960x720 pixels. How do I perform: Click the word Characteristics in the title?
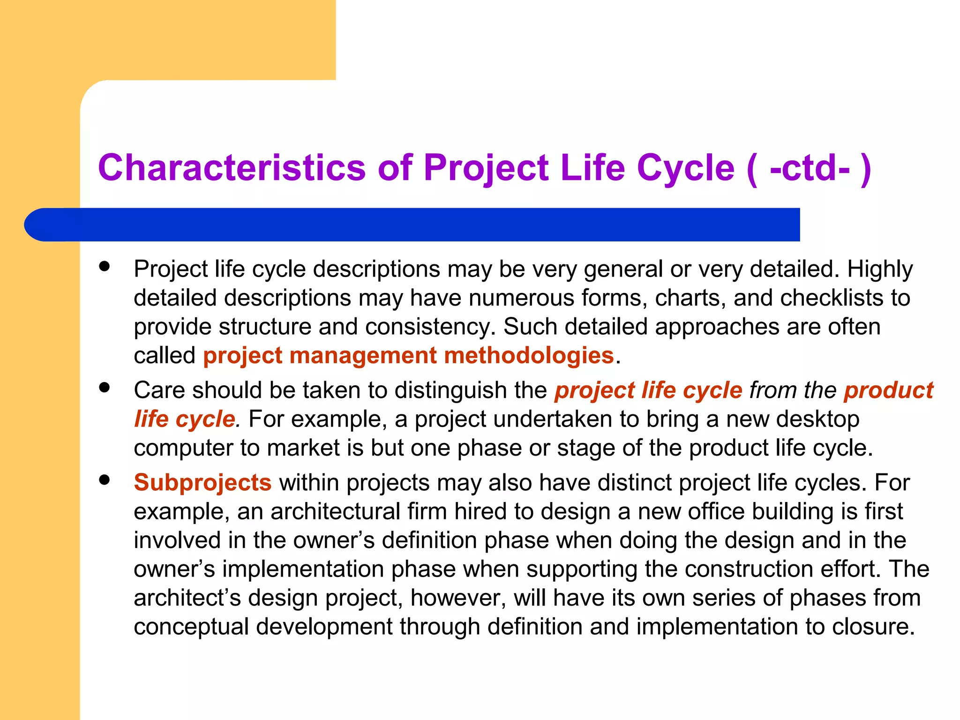[x=232, y=167]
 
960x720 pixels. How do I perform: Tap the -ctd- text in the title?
[x=810, y=168]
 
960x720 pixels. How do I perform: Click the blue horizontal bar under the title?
[x=412, y=225]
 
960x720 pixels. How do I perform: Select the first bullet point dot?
[x=105, y=266]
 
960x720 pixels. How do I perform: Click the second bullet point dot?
[x=105, y=387]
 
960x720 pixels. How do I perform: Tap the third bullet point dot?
[x=105, y=480]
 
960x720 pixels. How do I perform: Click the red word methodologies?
[x=529, y=355]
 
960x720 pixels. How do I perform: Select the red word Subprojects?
[x=202, y=483]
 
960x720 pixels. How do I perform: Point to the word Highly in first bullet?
[x=880, y=269]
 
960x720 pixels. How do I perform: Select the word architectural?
[x=335, y=511]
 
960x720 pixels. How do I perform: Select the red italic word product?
[x=888, y=390]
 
